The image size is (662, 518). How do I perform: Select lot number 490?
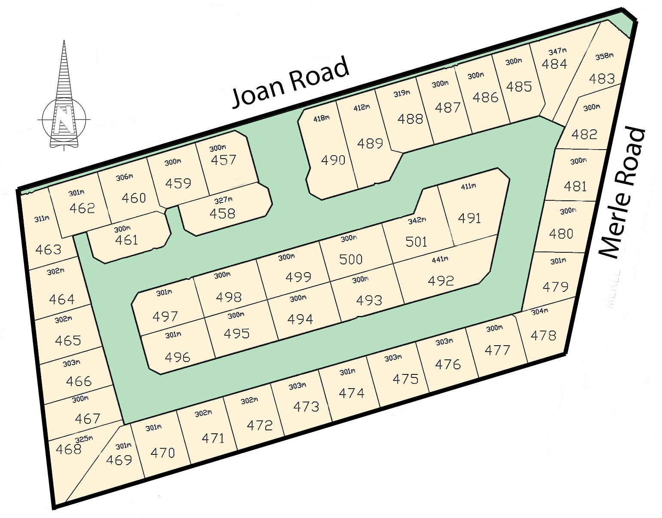[x=333, y=160]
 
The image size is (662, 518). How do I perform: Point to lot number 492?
[x=441, y=281]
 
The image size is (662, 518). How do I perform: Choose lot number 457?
[x=224, y=160]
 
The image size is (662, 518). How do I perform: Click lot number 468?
[x=68, y=449]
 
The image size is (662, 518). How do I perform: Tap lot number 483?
[x=602, y=79]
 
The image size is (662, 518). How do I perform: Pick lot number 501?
[x=416, y=242]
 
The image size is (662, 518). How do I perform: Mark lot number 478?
[x=543, y=335]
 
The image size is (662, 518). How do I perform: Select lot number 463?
[x=48, y=249]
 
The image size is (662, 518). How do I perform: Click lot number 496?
[x=177, y=357]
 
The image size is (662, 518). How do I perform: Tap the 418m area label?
[x=322, y=118]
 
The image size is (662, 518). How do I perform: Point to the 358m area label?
[x=604, y=56]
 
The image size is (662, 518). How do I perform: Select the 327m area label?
[x=224, y=200]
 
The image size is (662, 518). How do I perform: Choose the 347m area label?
[x=558, y=52]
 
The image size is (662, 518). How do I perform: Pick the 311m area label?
[x=42, y=218]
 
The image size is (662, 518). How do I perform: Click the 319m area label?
[x=401, y=93]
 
